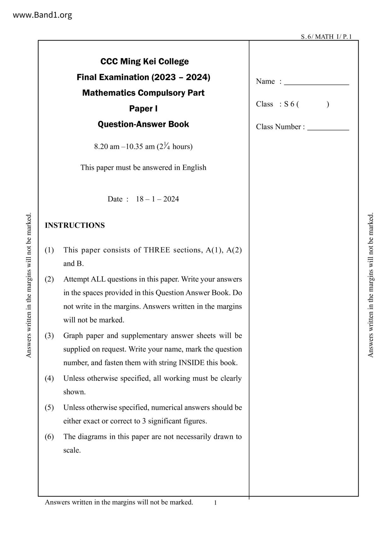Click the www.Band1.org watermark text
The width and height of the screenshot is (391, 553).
[x=42, y=15]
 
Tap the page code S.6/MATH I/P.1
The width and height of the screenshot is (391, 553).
[x=326, y=37]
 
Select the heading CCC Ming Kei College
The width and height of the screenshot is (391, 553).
[x=144, y=61]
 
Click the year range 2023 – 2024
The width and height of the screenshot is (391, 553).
[x=180, y=77]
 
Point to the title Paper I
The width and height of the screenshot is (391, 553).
[x=143, y=109]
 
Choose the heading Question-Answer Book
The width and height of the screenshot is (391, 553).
[x=143, y=124]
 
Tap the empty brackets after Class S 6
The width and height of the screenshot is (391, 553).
[x=313, y=104]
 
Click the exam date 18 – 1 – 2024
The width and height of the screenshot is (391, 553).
[x=157, y=199]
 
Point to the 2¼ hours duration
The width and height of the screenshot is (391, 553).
[x=175, y=147]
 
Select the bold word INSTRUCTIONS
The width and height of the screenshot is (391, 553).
[x=75, y=225]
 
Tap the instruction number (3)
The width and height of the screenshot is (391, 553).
[x=49, y=335]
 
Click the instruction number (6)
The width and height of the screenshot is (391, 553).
[x=49, y=437]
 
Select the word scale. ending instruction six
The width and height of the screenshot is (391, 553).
[x=72, y=450]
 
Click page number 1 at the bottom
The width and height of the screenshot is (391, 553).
[x=215, y=503]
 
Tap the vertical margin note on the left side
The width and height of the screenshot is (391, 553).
[x=29, y=285]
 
